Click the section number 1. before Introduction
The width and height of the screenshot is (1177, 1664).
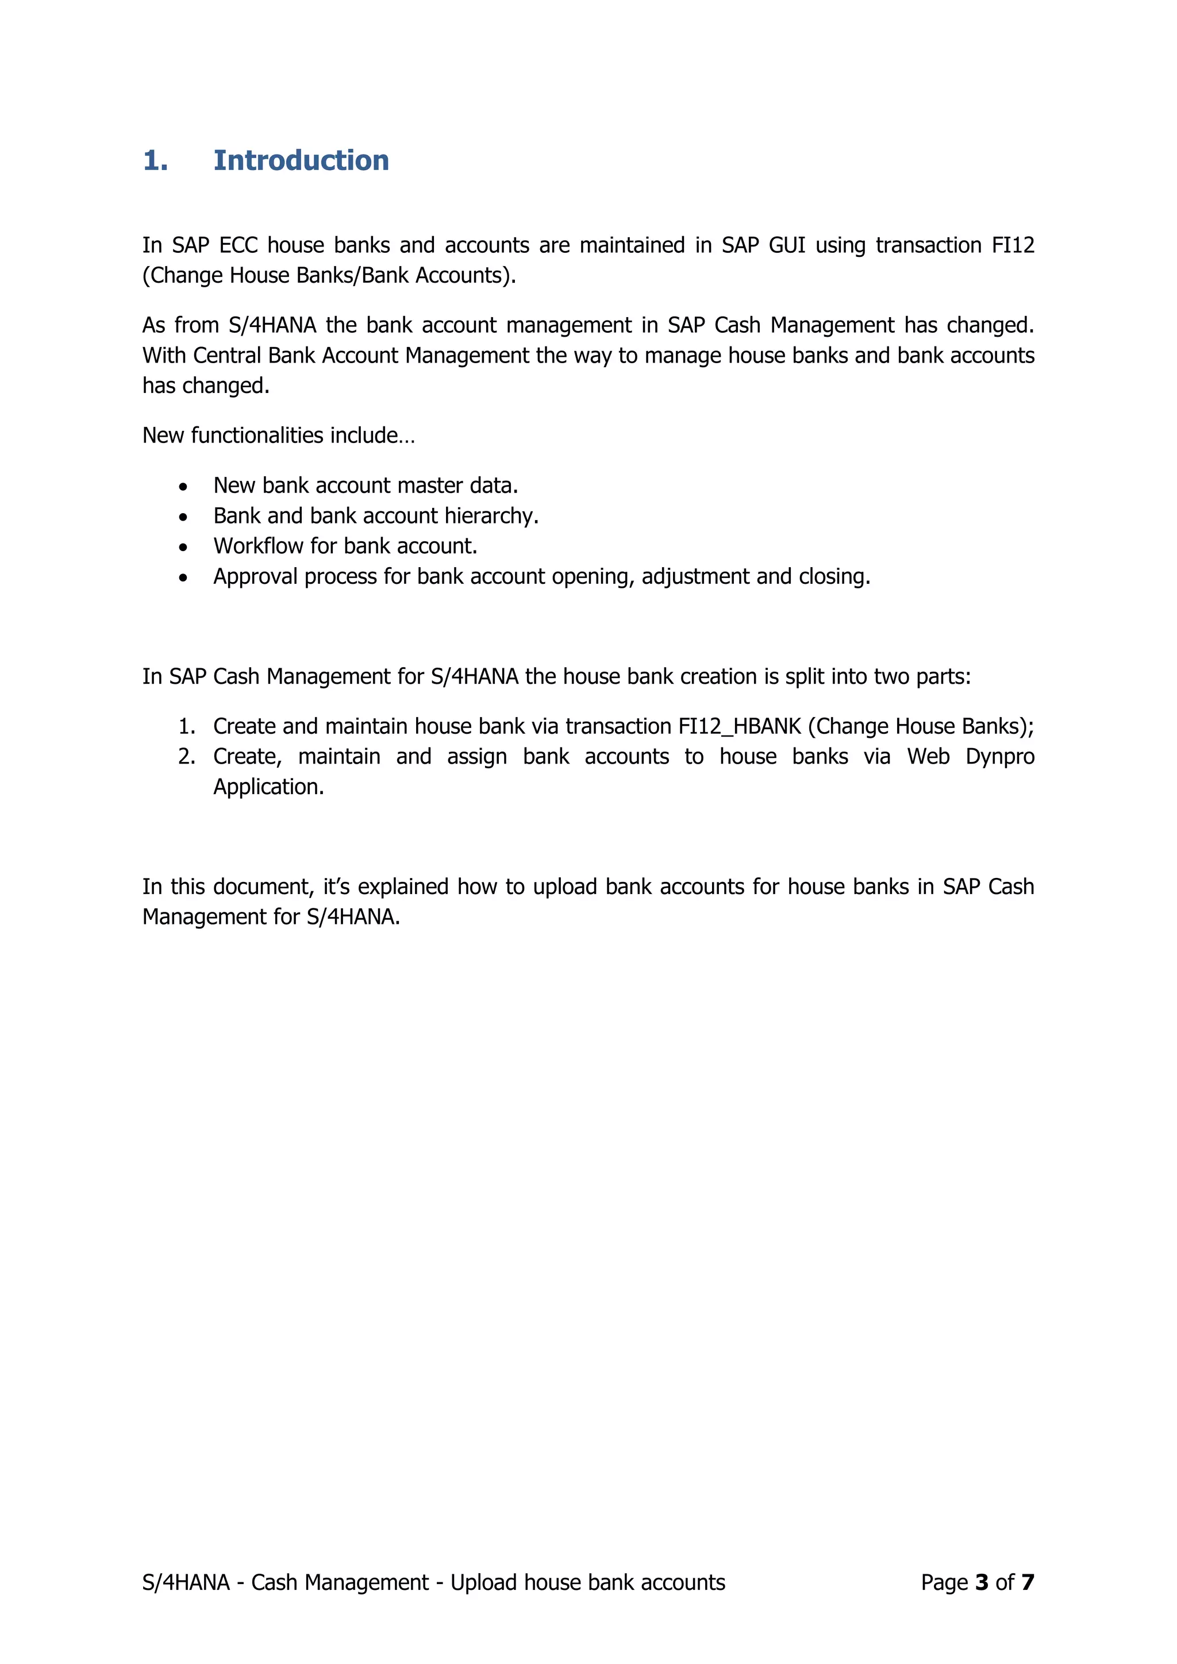(155, 160)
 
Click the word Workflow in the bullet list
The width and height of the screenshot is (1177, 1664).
(258, 546)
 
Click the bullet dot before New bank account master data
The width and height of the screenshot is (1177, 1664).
(183, 486)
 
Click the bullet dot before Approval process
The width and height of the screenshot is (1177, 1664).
(183, 577)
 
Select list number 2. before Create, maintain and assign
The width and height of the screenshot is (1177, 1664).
(186, 757)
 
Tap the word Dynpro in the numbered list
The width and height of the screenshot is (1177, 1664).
(999, 757)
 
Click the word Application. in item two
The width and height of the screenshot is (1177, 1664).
(268, 787)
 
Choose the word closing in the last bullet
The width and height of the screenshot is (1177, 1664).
(833, 576)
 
